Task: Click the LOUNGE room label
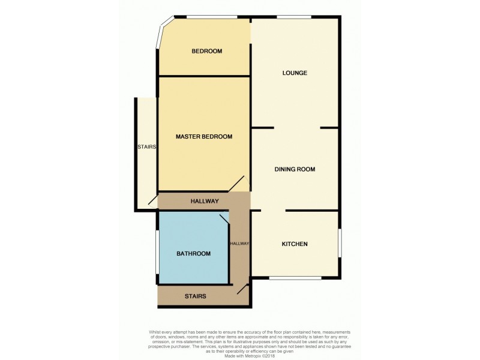click(x=295, y=73)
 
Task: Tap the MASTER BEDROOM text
click(x=204, y=137)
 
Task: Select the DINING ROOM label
click(x=295, y=169)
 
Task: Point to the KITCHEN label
click(x=295, y=244)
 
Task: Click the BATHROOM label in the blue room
click(x=193, y=254)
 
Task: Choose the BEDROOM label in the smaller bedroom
click(x=207, y=52)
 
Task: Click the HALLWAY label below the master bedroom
click(x=205, y=201)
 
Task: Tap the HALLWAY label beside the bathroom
click(x=239, y=244)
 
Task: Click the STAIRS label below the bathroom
click(x=196, y=296)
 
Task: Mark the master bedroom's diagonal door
click(x=236, y=185)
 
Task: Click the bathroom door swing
click(x=224, y=219)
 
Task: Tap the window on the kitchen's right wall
click(x=340, y=243)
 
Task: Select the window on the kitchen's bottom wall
click(x=295, y=278)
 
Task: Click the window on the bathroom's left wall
click(x=157, y=253)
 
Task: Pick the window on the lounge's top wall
click(x=294, y=17)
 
